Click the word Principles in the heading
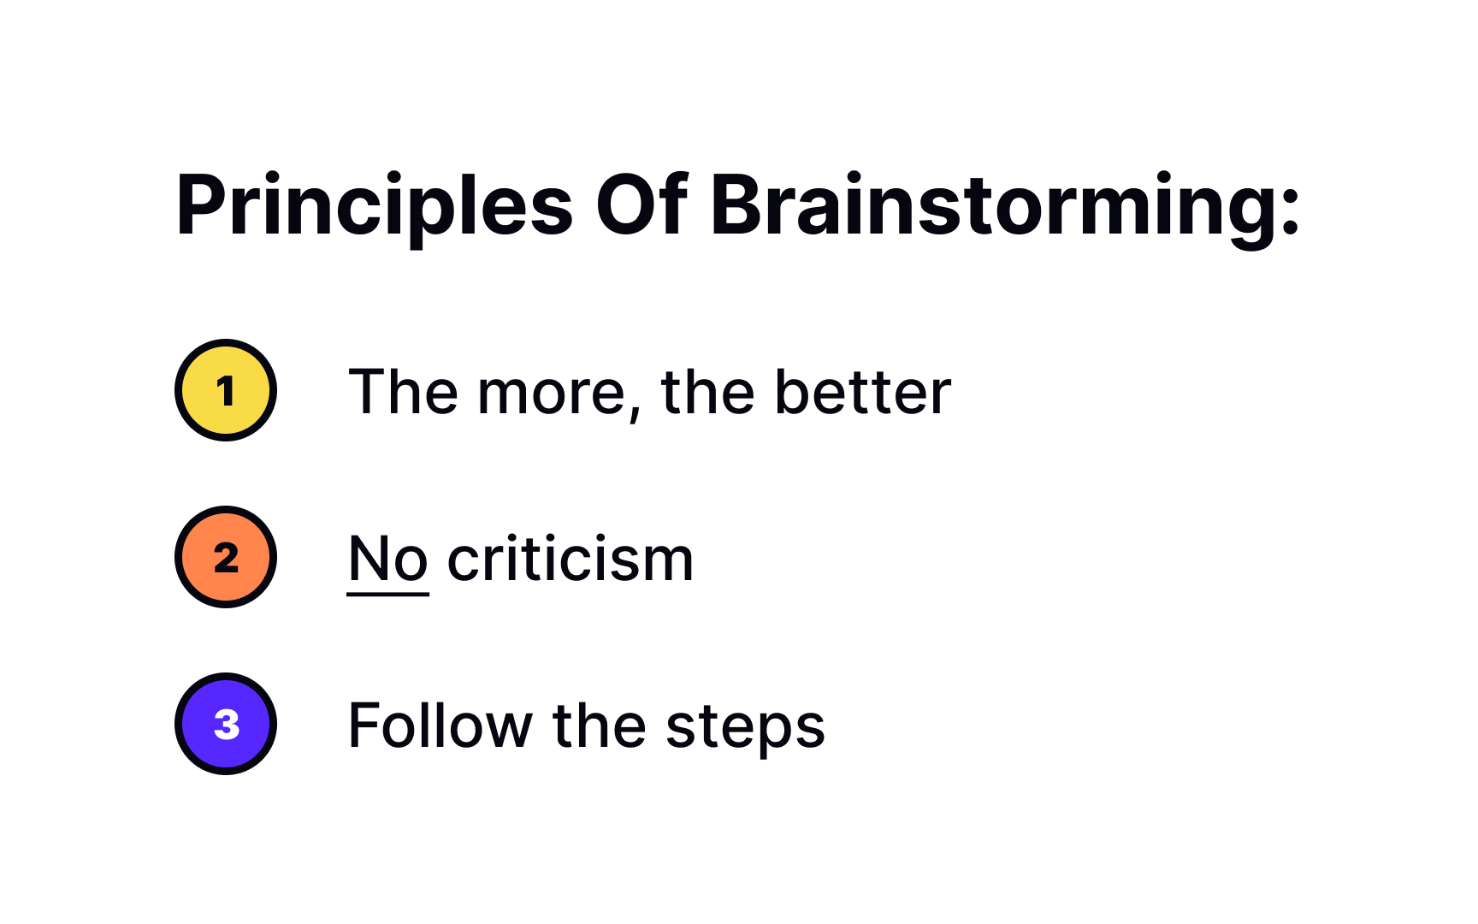pos(374,206)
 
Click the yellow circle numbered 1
pos(226,390)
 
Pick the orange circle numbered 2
pos(226,557)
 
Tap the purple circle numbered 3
pos(226,724)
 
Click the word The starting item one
pos(403,392)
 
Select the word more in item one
pos(552,394)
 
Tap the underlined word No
pos(387,559)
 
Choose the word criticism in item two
pos(571,559)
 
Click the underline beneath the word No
pos(387,593)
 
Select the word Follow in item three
pos(440,726)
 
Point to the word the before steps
pos(599,726)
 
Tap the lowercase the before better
pos(707,392)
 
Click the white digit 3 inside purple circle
pos(227,725)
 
